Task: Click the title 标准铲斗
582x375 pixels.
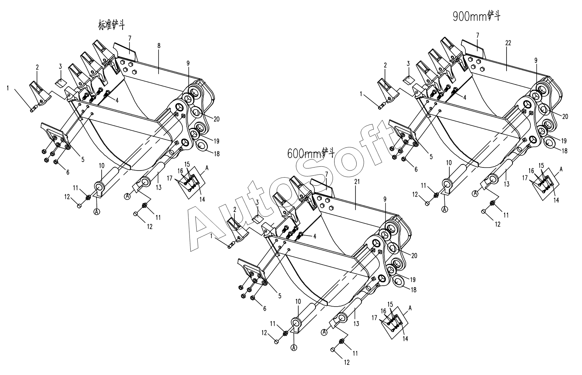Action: (x=111, y=25)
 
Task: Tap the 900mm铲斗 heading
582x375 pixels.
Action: (x=477, y=16)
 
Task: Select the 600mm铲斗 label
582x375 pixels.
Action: (x=311, y=153)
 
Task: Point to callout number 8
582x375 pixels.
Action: (x=159, y=46)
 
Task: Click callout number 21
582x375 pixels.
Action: (x=357, y=182)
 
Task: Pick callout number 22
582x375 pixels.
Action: (x=508, y=43)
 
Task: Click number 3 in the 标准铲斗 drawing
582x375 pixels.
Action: (x=60, y=66)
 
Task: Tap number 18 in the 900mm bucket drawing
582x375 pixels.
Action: (x=564, y=151)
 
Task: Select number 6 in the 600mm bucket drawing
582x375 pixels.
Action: (x=265, y=308)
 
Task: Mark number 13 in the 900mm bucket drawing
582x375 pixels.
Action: (x=506, y=184)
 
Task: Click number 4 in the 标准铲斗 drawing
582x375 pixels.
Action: (x=117, y=100)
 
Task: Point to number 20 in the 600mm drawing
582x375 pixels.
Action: (x=414, y=256)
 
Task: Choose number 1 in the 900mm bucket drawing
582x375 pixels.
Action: (x=361, y=94)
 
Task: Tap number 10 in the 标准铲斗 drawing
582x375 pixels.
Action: (x=102, y=166)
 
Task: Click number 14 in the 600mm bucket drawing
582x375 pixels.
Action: (x=405, y=339)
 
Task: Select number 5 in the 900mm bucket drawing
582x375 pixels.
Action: (x=431, y=157)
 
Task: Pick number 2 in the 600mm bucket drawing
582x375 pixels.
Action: (x=235, y=209)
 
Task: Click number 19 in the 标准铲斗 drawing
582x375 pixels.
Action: (x=216, y=141)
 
